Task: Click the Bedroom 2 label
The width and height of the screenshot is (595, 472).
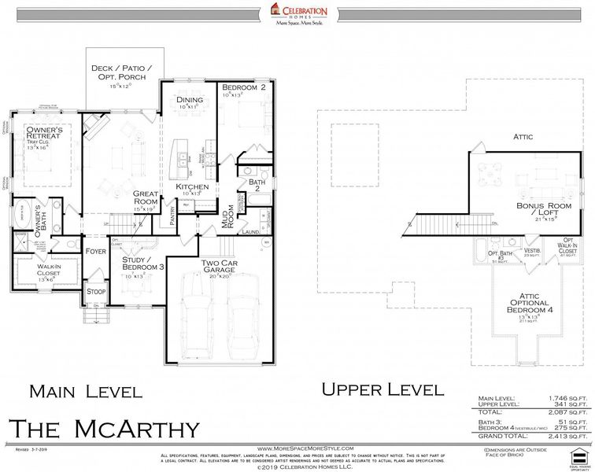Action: [x=242, y=88]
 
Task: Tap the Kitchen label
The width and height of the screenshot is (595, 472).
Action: [x=192, y=187]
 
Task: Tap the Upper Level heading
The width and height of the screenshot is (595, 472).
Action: [x=382, y=389]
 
